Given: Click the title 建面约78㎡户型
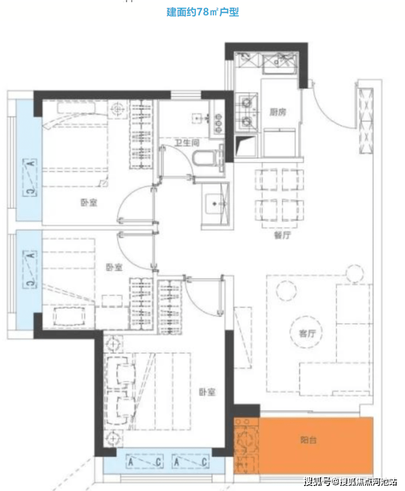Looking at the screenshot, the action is (203, 12).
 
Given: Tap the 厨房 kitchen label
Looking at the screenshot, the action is (278, 112).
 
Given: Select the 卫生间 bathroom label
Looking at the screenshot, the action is (187, 143).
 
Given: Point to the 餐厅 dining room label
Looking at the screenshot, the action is (282, 235).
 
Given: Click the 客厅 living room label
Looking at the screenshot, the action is (307, 333).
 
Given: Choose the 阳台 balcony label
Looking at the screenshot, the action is (308, 440).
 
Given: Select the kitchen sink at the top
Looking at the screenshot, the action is (279, 64).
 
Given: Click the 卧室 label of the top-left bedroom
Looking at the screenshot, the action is (89, 203).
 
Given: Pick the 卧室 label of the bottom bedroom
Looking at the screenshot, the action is (207, 392).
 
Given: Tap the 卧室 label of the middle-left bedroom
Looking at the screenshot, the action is (114, 267).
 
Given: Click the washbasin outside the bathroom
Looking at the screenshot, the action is (215, 204).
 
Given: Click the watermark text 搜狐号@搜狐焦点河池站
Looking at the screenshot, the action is (351, 481).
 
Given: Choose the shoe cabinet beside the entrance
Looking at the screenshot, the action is (365, 121).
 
